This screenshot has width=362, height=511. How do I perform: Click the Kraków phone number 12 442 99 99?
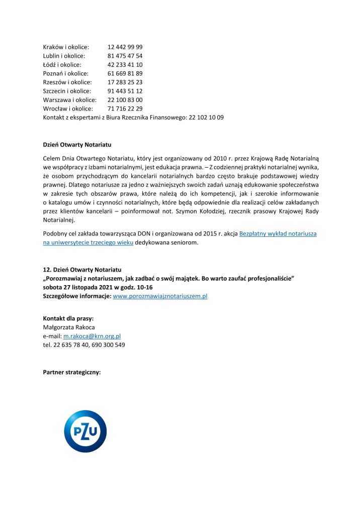tap(125, 47)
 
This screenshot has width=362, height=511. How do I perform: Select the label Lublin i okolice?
tap(64, 56)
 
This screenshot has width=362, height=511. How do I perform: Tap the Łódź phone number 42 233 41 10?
tap(125, 65)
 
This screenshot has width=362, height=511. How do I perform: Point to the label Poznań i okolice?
tap(65, 74)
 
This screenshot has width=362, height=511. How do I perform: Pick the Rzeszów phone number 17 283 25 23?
tap(125, 82)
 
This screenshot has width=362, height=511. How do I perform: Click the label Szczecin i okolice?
tap(67, 91)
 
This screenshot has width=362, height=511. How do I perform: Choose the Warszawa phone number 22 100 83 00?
tap(125, 100)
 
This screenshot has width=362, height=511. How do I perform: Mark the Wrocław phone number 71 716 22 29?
tap(125, 108)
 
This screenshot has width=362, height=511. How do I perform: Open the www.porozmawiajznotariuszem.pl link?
tap(160, 296)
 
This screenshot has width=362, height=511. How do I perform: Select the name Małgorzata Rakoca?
tap(69, 327)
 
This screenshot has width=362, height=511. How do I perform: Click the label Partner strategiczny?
tap(72, 372)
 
